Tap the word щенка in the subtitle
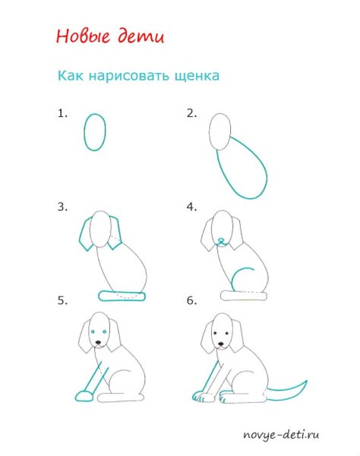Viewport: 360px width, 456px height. pos(194,76)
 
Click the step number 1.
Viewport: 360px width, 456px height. pos(62,113)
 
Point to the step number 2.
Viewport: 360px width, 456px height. pos(191,113)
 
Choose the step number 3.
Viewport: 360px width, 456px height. pos(62,206)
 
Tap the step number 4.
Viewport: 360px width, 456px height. pos(191,206)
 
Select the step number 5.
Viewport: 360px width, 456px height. pos(62,301)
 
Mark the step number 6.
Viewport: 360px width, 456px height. pos(191,301)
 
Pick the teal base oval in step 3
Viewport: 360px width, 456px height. pos(121,295)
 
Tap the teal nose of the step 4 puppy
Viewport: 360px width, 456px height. pos(220,242)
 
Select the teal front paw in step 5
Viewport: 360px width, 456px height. pos(85,396)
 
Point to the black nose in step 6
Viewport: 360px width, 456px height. pos(220,343)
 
